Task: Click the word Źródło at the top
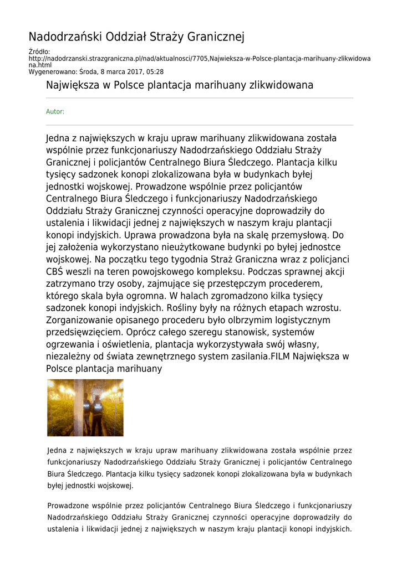(x=39, y=52)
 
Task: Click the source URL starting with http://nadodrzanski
(x=200, y=59)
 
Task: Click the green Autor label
(x=55, y=112)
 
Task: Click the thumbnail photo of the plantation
(x=85, y=408)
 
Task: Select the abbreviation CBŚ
(x=55, y=272)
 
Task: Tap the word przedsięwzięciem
(x=88, y=332)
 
